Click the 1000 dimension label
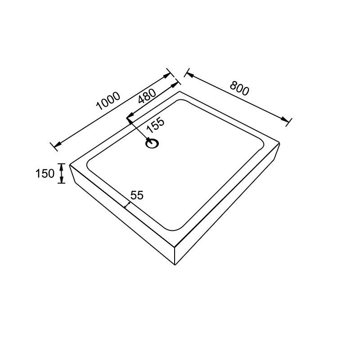108,101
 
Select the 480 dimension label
147,96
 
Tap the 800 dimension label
239,88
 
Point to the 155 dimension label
156,126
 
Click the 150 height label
45,173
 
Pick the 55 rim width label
137,195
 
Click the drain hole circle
152,144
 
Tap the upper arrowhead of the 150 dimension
61,166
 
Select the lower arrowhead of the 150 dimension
61,180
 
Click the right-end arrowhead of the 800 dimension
285,120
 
